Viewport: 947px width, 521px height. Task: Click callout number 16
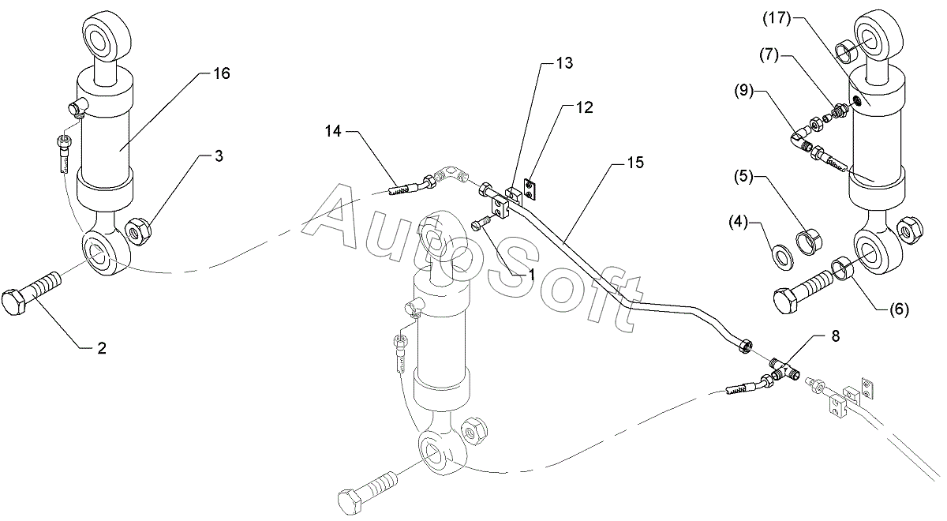222,73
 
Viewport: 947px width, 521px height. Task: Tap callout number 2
102,348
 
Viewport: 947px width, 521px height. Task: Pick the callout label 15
636,163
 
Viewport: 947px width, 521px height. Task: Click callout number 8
835,335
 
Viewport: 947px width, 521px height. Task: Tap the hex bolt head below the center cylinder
353,503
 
